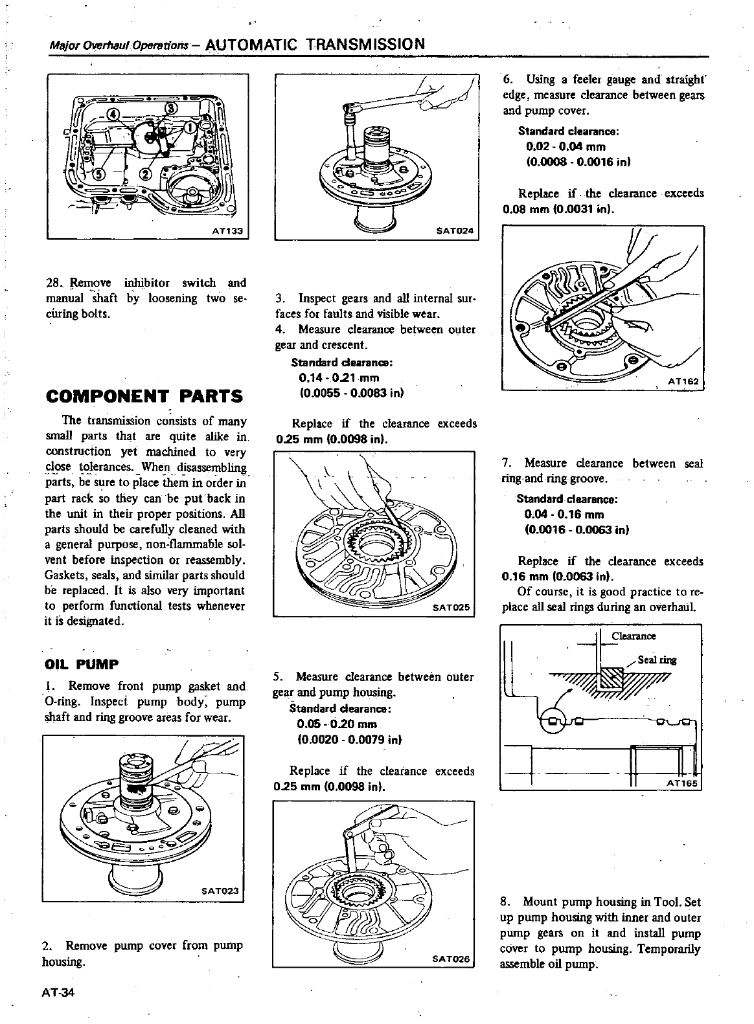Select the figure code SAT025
pos(453,608)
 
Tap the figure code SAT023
pos(221,891)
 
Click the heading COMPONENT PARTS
pos(145,396)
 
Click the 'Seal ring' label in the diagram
pos(657,660)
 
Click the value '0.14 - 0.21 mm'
pos(339,378)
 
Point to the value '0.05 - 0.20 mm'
pos(336,724)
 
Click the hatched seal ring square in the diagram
pos(611,679)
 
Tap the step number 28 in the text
pos(53,283)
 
